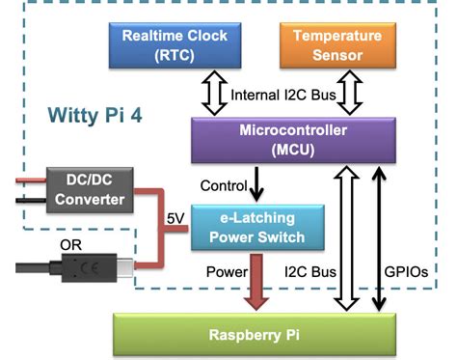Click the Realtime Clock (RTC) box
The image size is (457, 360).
175,45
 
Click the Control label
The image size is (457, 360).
225,184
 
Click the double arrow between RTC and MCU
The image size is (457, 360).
209,94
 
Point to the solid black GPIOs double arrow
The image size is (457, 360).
381,236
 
